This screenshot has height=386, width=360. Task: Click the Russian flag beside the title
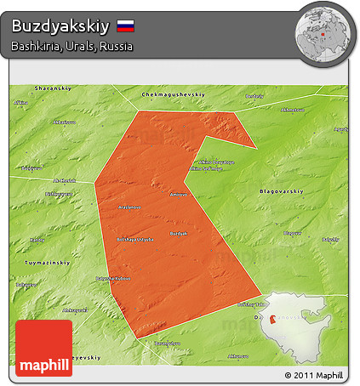[x=126, y=26]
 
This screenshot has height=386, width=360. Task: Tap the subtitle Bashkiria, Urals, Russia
[x=72, y=47]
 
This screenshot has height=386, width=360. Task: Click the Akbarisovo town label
[x=65, y=122]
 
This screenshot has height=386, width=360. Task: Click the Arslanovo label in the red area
[x=129, y=207]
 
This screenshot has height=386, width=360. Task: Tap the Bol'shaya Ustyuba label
[x=134, y=239]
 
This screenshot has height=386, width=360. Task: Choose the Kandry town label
[x=37, y=240]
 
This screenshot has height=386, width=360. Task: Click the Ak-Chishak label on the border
[x=66, y=180]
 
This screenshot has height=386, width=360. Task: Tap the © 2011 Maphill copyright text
[x=314, y=375]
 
